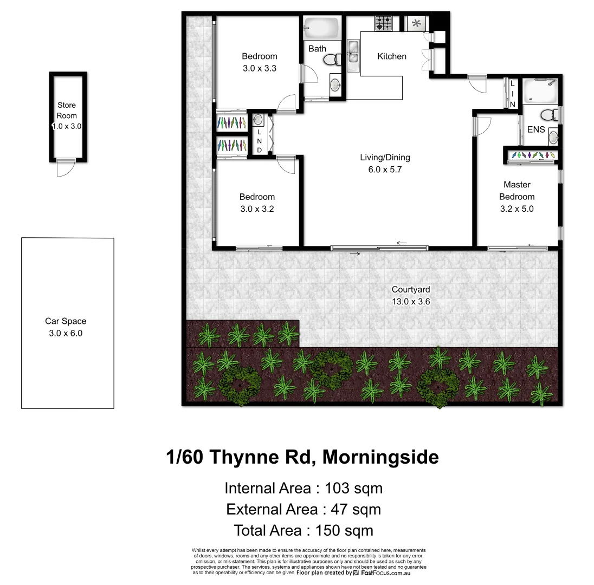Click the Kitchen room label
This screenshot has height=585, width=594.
pos(391,56)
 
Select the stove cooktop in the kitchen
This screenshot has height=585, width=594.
pos(384,23)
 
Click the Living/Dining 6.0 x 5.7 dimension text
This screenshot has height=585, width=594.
pos(385,169)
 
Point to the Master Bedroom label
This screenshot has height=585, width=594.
pos(516,191)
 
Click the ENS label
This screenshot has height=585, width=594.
pos(535,130)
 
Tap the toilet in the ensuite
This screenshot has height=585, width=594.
pos(548,114)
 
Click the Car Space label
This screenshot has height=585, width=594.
pos(66,321)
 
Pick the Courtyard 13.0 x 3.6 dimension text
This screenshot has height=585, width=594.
pos(411,302)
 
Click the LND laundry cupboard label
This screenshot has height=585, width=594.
pos(259,141)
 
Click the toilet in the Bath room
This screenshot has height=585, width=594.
pos(338,58)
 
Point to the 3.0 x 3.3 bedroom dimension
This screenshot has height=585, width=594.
pos(259,68)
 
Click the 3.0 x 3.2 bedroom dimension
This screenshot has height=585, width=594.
pos(257,209)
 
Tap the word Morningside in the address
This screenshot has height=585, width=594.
pos(380,458)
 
